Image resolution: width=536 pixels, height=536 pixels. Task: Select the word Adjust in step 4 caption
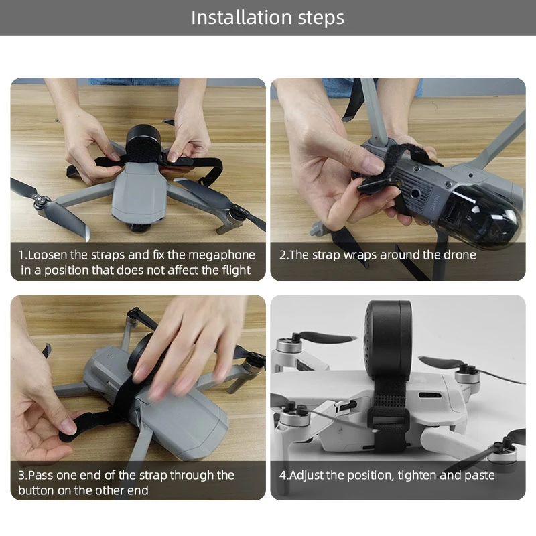coord(309,475)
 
